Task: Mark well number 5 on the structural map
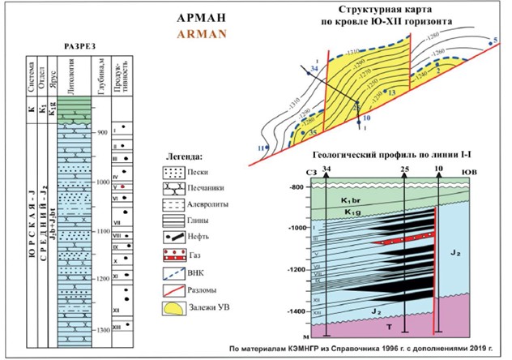(x=494, y=39)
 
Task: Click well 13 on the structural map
(x=392, y=94)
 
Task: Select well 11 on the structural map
(x=260, y=148)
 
